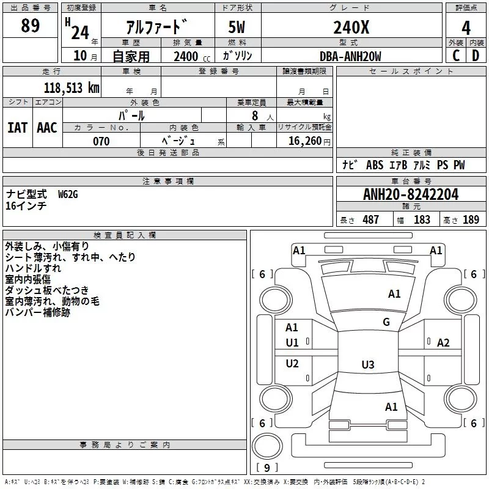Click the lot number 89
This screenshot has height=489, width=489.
30,26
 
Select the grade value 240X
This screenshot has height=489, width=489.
351,28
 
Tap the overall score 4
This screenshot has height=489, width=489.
466,28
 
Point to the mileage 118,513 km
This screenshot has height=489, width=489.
72,88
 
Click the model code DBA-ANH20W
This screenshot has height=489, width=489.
350,56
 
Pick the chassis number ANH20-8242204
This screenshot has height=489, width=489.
411,194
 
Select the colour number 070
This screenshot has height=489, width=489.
101,141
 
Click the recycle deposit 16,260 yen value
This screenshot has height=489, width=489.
309,141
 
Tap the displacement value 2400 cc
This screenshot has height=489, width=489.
192,56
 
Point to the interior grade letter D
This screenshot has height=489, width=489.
476,56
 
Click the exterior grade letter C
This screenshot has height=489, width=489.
456,56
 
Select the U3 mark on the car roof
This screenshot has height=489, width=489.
368,364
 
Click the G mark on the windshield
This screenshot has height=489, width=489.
386,322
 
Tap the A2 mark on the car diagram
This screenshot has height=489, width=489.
443,343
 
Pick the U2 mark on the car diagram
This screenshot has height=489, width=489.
292,363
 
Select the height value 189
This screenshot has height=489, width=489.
471,219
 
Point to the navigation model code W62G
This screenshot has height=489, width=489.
68,194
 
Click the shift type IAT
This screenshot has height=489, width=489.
17,128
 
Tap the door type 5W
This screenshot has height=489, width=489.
237,27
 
